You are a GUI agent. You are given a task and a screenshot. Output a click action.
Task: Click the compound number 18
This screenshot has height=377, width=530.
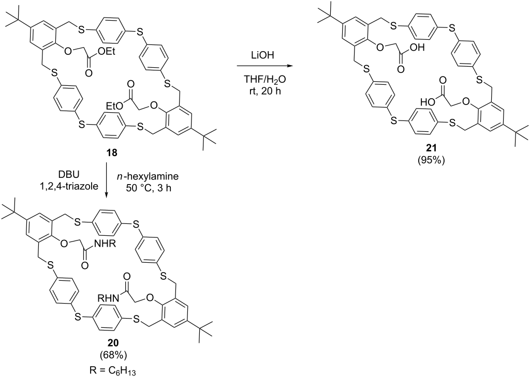(x=112, y=153)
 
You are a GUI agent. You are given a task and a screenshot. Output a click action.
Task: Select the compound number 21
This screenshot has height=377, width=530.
(x=431, y=147)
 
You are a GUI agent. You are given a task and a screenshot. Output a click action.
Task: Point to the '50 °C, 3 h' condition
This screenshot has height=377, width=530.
(x=150, y=188)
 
